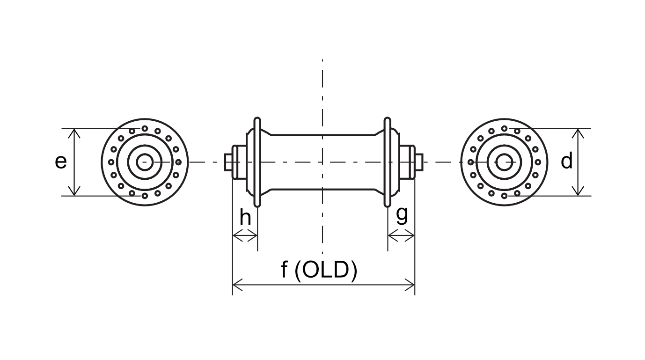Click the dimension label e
61,162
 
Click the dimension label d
567,161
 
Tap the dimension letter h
245,217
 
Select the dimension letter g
402,215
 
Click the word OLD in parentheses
326,270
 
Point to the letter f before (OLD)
284,270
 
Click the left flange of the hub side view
257,162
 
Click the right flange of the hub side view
388,162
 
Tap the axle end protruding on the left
228,162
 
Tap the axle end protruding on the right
419,162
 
